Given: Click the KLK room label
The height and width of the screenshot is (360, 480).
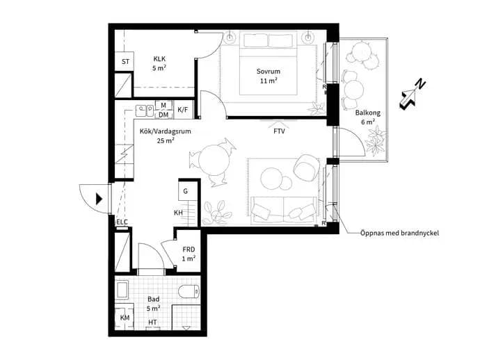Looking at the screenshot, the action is pyautogui.click(x=159, y=58).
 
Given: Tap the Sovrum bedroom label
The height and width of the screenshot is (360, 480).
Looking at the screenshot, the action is pyautogui.click(x=268, y=72).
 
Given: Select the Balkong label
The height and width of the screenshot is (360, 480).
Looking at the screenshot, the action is pyautogui.click(x=368, y=113).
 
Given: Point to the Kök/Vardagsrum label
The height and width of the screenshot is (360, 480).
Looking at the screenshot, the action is pyautogui.click(x=166, y=131).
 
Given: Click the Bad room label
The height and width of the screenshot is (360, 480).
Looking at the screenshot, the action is pyautogui.click(x=153, y=299).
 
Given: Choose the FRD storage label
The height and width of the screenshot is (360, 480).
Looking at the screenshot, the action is pyautogui.click(x=189, y=249).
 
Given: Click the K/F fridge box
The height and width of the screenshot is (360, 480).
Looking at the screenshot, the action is pyautogui.click(x=183, y=110).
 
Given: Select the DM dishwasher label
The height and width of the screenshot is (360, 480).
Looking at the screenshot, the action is pyautogui.click(x=163, y=115).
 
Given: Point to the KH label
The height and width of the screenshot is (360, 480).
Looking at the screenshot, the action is pyautogui.click(x=178, y=213).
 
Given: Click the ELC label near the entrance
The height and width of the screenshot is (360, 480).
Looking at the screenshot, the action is pyautogui.click(x=122, y=222).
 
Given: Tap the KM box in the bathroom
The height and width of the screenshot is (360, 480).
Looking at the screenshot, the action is pyautogui.click(x=125, y=318).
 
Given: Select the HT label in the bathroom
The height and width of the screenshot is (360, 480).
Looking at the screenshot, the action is pyautogui.click(x=152, y=322).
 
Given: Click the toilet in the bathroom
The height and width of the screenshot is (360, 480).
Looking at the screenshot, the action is pyautogui.click(x=189, y=291).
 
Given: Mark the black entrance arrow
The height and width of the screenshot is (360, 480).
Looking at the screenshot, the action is pyautogui.click(x=99, y=199).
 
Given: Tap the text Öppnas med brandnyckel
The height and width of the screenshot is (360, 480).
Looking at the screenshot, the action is pyautogui.click(x=399, y=233).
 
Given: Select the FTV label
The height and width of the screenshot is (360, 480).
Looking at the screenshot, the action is pyautogui.click(x=279, y=131).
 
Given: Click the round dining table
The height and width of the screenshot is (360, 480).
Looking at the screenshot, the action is pyautogui.click(x=214, y=160).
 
